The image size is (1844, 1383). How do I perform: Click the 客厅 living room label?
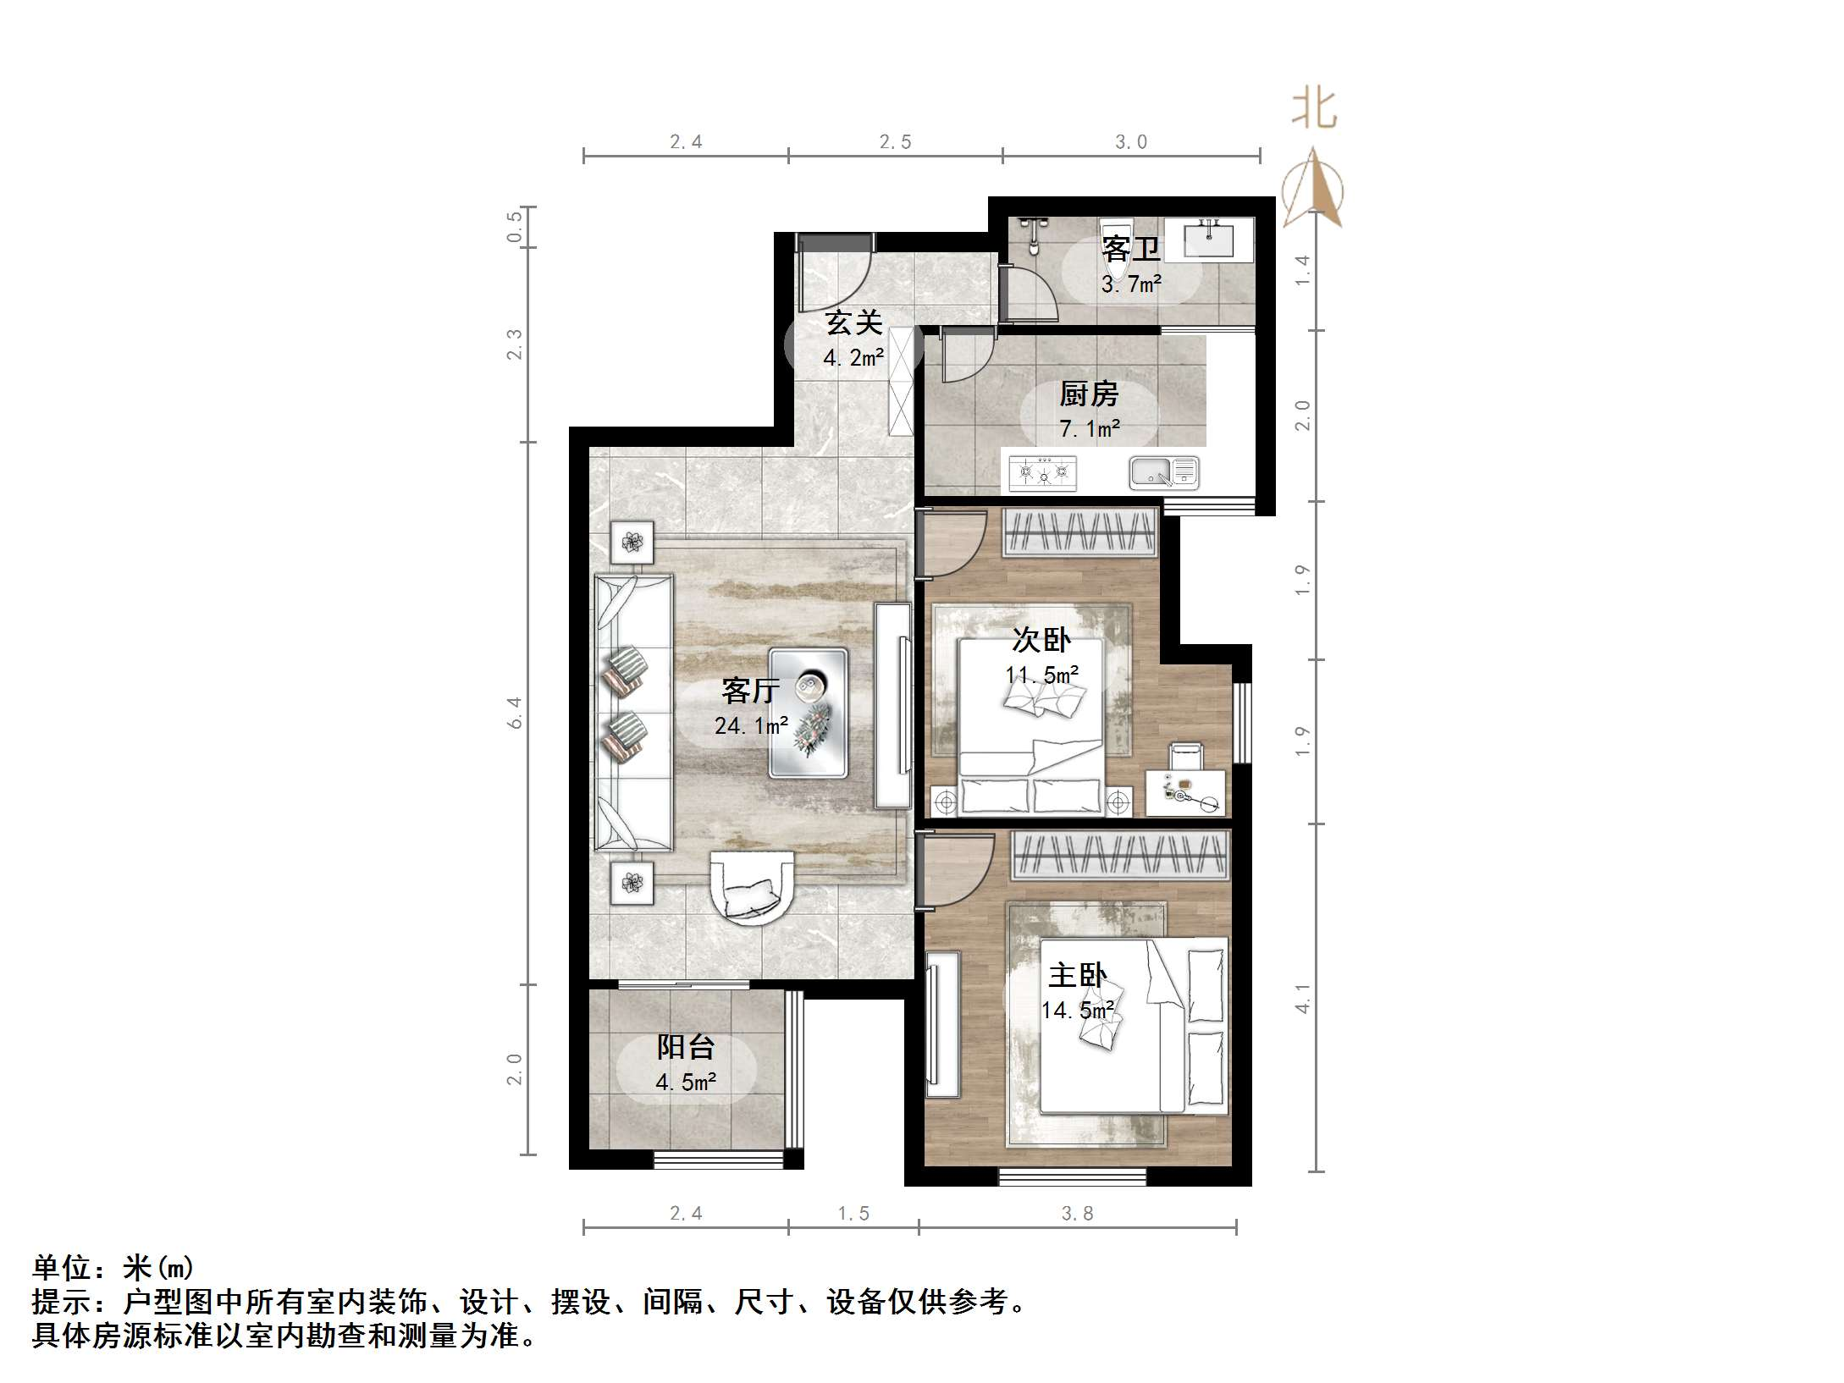point(750,691)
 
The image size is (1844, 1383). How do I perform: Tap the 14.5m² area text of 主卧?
point(1077,1011)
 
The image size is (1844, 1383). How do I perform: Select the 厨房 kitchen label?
point(1089,394)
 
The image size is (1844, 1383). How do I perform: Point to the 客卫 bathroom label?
point(1130,250)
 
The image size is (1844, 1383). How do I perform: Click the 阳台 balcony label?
point(686,1048)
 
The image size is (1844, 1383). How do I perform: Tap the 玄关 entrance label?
point(853,322)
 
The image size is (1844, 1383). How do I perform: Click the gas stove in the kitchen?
point(1043,473)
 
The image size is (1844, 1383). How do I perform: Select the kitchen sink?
point(1164,473)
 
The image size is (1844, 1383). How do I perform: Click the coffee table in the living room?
point(809,714)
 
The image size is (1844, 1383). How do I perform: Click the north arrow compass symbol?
point(1312,190)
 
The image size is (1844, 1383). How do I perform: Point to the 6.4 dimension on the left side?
point(515,713)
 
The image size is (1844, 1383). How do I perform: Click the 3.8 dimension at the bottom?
point(1077,1214)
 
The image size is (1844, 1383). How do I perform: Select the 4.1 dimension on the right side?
point(1303,999)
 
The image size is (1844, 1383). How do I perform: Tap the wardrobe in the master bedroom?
point(1120,854)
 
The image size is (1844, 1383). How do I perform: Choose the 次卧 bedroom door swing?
point(952,543)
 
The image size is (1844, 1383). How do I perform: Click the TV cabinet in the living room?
point(893,704)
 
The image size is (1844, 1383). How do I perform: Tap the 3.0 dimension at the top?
point(1130,142)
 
